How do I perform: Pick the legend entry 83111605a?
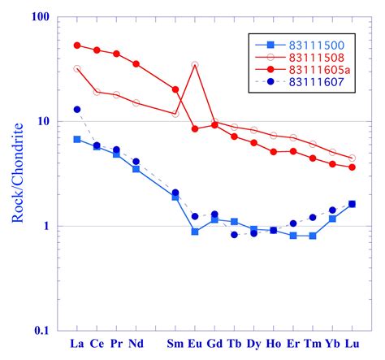coord(322,72)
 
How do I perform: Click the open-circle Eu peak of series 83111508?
coord(195,65)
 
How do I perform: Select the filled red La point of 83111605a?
coord(77,46)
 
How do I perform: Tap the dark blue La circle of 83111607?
coord(77,109)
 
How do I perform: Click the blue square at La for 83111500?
coord(77,140)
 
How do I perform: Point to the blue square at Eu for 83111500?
coord(195,232)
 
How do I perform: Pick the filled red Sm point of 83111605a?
coord(175,89)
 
